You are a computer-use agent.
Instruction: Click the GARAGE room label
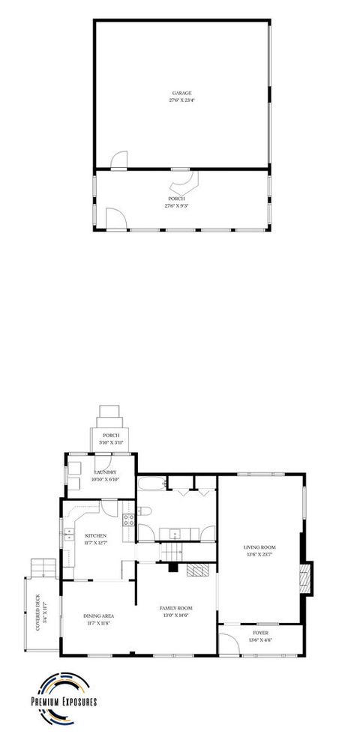pos(181,93)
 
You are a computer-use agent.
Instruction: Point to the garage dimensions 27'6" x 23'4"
pos(181,100)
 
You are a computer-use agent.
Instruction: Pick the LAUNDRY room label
pos(104,472)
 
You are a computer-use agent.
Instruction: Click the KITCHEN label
pos(95,535)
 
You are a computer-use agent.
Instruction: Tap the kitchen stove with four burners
pos(127,517)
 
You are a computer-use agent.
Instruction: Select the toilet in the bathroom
pos(146,511)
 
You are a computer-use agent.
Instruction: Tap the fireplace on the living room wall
pos(304,577)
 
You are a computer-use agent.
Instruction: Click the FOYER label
pos(260,633)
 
